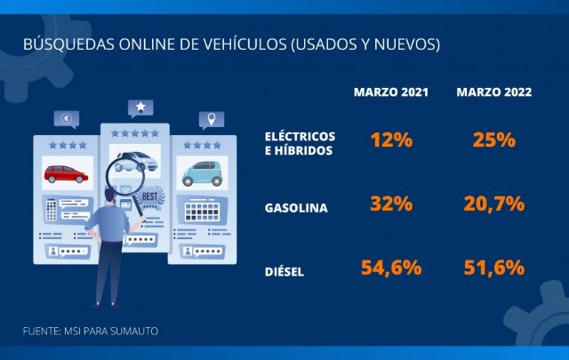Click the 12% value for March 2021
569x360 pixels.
point(391,140)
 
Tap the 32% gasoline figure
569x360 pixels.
point(391,203)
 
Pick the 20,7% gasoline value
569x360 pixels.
point(494,204)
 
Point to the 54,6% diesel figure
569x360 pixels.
point(391,266)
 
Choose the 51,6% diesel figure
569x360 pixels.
point(494,266)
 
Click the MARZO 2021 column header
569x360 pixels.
point(391,92)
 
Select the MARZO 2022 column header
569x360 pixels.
point(494,92)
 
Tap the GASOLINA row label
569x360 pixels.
point(296,208)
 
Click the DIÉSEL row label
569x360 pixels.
point(284,271)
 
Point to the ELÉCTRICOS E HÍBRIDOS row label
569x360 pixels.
point(300,144)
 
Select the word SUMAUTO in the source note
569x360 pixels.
point(134,331)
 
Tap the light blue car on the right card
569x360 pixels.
point(202,172)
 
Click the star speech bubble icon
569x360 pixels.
point(139,108)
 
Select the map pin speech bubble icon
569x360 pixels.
point(211,118)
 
